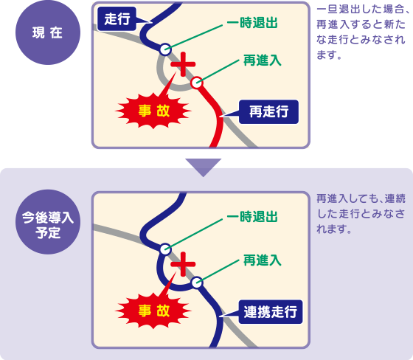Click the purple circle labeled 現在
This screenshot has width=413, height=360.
(48, 32)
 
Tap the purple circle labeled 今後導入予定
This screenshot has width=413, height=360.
(48, 222)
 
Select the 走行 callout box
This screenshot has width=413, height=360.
(117, 19)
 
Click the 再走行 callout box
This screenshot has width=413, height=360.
(268, 111)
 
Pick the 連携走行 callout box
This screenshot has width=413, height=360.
(271, 312)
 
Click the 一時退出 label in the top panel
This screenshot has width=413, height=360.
(252, 23)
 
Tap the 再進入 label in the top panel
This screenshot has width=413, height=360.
(263, 60)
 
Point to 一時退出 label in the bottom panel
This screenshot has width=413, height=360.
(252, 217)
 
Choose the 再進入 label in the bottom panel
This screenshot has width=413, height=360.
(263, 260)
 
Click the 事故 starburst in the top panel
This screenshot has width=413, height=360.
(153, 111)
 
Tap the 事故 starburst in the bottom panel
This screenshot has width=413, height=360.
(153, 311)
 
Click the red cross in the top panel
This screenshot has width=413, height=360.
(183, 64)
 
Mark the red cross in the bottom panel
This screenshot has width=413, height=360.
(183, 264)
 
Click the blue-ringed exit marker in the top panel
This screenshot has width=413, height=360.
(165, 49)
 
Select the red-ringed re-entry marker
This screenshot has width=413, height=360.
(197, 83)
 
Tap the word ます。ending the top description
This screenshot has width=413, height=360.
(329, 55)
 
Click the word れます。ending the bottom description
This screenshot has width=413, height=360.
(334, 229)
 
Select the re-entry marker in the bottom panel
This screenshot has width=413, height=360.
(197, 283)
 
